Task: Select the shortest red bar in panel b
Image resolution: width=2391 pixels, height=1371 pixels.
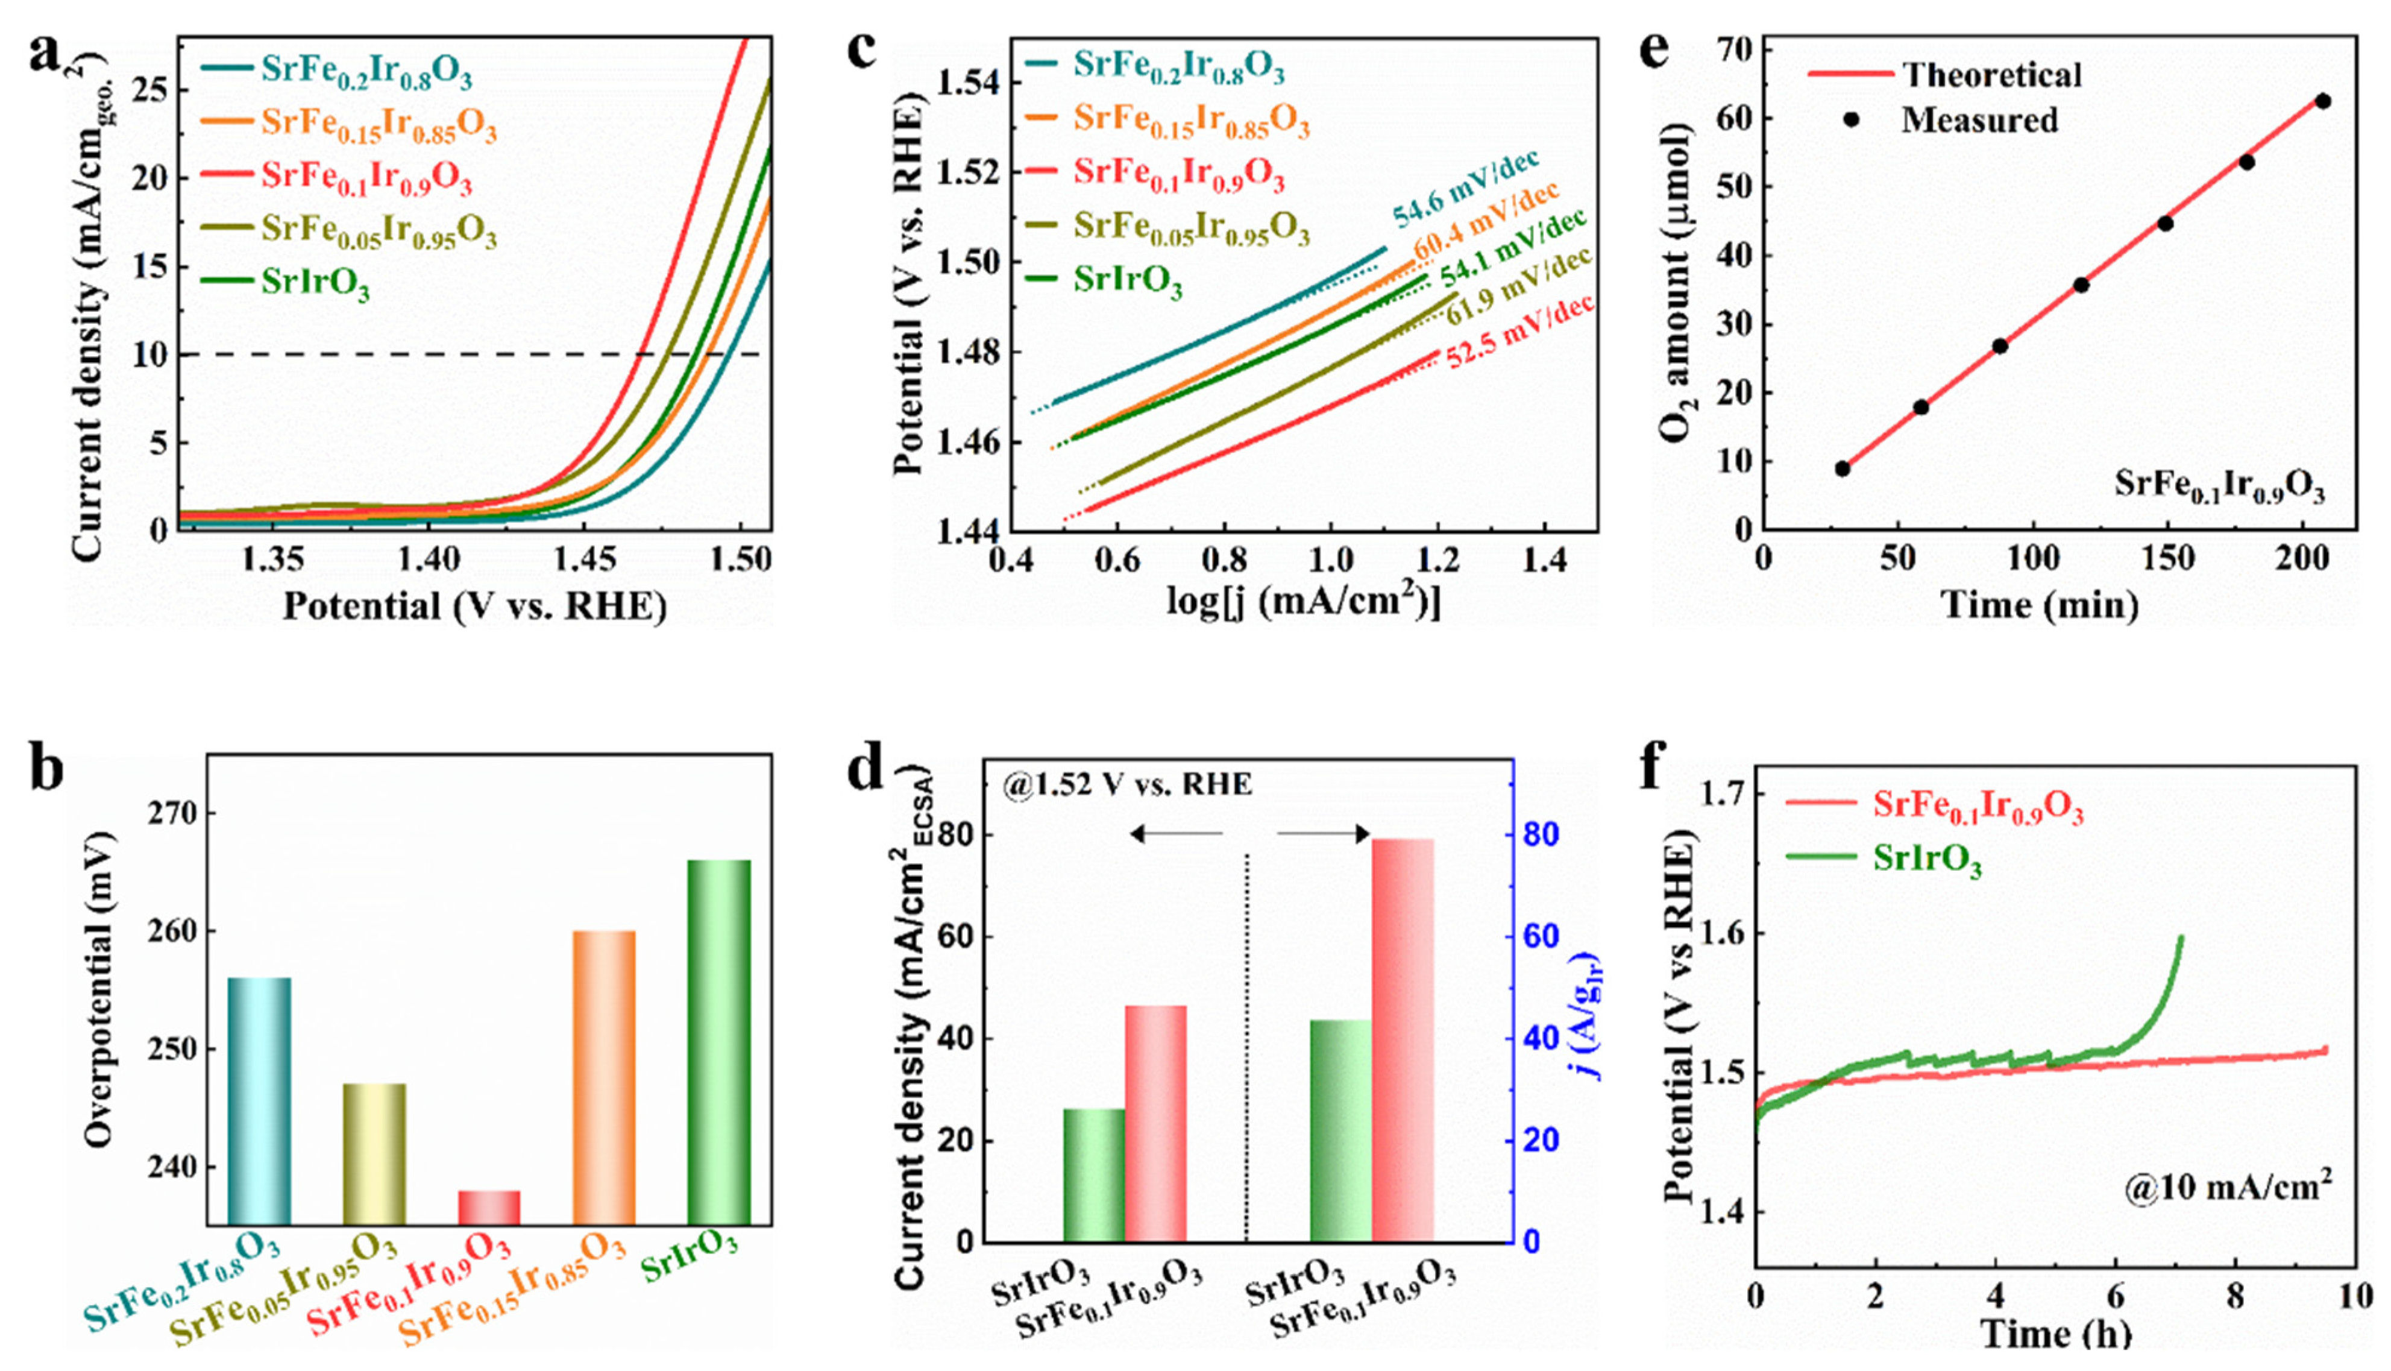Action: coord(489,1207)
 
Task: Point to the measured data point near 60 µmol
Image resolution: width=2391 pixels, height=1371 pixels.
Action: coord(2322,101)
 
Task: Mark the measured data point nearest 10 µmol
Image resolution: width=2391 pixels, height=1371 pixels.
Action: coord(1842,468)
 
